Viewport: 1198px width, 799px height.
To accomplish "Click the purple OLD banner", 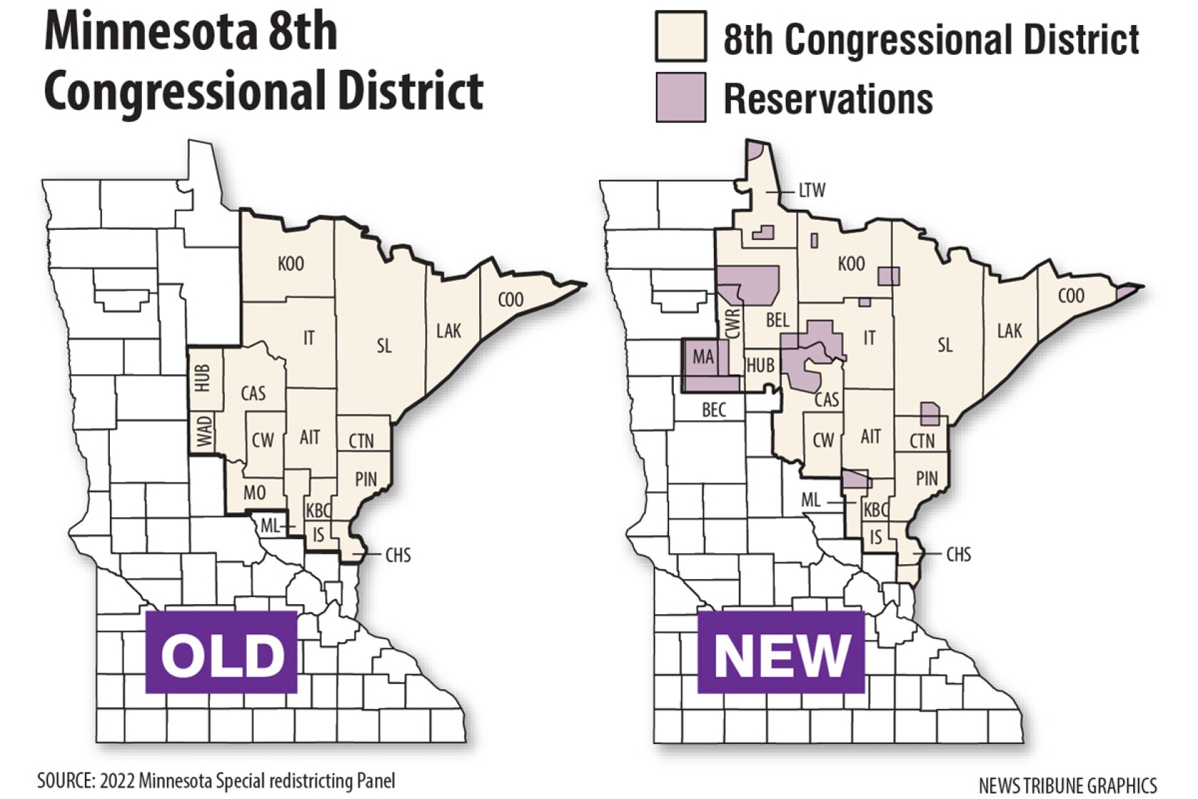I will pos(221,651).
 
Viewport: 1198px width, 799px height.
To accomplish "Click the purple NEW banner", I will pos(781,651).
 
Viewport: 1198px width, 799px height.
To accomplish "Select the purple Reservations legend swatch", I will pos(681,98).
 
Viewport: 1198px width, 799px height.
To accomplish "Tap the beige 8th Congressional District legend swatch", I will pos(681,37).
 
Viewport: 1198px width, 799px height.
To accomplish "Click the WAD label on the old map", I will pos(205,432).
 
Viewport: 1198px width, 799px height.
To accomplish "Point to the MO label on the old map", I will pos(255,492).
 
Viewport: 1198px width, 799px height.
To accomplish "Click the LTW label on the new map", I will pos(812,190).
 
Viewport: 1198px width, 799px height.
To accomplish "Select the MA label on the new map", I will pos(703,357).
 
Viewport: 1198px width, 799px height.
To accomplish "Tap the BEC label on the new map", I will pos(714,409).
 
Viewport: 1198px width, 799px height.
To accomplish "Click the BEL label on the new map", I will pos(777,320).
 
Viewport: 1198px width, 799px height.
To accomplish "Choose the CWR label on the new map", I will pos(733,323).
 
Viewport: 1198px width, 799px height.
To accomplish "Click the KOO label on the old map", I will pos(291,264).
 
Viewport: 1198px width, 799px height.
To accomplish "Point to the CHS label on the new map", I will pos(958,554).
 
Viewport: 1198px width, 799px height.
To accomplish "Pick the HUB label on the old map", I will pos(203,378).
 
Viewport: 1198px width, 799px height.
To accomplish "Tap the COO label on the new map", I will pos(1070,296).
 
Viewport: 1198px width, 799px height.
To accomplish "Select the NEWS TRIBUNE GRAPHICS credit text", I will pos(1068,785).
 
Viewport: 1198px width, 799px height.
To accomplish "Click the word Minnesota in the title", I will pos(142,32).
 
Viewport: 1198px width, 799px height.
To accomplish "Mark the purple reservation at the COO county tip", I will pos(1126,291).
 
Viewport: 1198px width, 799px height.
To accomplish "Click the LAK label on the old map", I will pos(449,330).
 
